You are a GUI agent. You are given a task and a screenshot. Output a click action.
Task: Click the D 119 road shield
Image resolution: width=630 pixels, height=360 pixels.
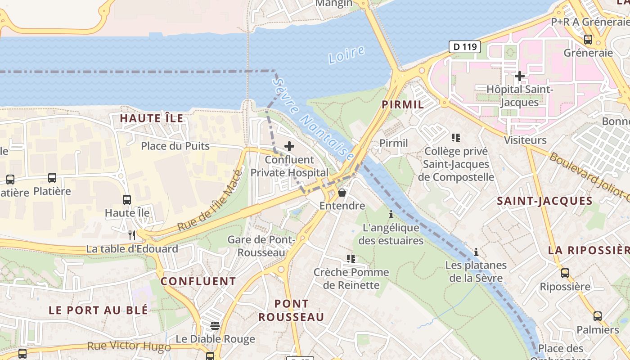tap(465, 46)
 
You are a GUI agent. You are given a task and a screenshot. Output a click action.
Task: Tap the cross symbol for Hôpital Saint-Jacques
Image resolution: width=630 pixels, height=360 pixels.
tap(520, 76)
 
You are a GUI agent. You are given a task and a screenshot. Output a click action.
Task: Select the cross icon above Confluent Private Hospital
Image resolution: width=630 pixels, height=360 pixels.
tap(289, 146)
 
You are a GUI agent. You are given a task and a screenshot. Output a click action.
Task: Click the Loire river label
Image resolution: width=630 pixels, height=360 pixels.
tap(346, 54)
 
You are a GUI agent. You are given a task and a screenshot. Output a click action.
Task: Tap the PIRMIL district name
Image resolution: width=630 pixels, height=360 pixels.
tap(403, 104)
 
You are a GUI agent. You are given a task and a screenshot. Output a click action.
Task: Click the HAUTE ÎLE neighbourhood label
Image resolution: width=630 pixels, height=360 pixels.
tap(152, 118)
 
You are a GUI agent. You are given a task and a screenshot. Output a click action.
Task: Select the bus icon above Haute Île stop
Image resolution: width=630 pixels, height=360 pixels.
tap(127, 199)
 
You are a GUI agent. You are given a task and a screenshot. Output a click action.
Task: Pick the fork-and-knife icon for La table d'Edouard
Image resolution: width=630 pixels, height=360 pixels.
tap(132, 235)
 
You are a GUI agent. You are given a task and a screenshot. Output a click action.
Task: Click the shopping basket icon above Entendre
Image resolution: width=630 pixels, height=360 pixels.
tap(342, 193)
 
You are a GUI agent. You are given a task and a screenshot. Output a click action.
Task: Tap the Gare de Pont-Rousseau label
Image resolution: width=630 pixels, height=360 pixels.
tap(261, 246)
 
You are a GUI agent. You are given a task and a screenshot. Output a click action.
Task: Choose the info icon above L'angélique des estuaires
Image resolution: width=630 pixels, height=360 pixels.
tap(391, 214)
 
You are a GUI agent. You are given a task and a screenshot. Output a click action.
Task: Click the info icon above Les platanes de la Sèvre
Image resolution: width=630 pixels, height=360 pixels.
tap(476, 252)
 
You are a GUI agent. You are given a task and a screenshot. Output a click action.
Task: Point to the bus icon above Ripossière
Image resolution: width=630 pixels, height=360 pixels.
tap(565, 273)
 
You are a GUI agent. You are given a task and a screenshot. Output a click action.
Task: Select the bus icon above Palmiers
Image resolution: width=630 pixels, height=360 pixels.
tap(598, 316)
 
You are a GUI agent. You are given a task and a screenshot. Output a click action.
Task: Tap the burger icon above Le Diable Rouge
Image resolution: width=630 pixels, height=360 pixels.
tap(215, 325)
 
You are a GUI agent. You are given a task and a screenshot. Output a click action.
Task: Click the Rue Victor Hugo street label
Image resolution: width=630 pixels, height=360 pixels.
tap(129, 346)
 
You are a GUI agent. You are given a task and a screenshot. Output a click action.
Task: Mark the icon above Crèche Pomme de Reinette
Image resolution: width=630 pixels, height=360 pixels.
tap(351, 259)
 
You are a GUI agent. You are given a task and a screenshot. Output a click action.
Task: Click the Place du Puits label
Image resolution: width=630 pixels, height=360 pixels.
tap(175, 146)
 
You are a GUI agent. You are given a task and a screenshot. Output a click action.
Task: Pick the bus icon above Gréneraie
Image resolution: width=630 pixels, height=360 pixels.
tap(588, 40)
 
